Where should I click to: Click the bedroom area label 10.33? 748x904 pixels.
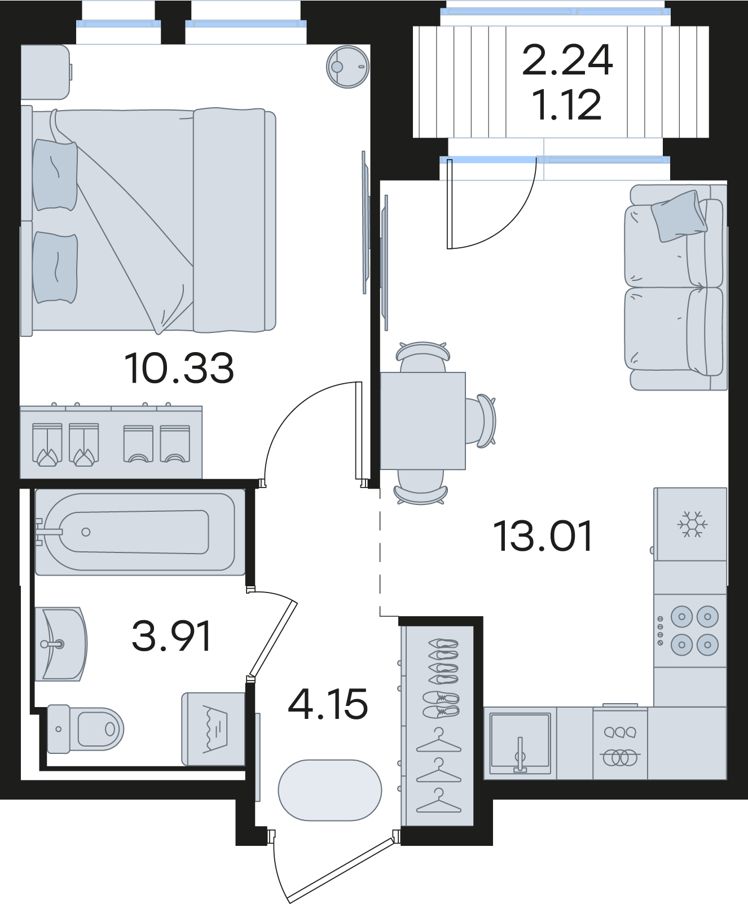tap(179, 368)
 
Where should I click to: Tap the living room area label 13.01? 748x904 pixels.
tap(543, 536)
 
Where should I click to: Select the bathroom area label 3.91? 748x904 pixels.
tap(171, 635)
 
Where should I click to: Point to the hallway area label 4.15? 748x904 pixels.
tap(328, 704)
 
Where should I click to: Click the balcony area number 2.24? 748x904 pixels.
tap(567, 60)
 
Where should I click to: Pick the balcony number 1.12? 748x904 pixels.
tap(567, 105)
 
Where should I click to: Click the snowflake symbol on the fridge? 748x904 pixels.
tap(692, 524)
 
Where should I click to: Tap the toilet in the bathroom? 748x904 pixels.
tap(85, 729)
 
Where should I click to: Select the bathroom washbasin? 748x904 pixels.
tap(61, 644)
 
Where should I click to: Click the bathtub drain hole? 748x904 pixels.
tap(86, 532)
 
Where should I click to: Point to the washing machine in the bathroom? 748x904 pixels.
tap(213, 729)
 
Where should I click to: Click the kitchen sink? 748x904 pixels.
tap(520, 743)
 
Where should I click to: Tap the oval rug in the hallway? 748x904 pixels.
tap(330, 790)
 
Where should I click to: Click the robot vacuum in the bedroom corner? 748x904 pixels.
tap(347, 67)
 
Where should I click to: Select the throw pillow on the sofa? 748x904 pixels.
tap(679, 216)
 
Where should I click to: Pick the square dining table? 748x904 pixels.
tap(423, 421)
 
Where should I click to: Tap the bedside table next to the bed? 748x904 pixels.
tap(45, 72)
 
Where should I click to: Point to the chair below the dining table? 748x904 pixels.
tap(421, 486)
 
